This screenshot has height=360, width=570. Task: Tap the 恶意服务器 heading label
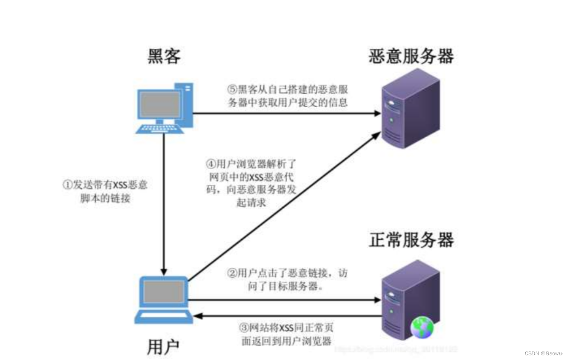pos(411,56)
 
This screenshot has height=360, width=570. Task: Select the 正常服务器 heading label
pos(411,240)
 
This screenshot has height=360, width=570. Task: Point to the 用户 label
pos(163,347)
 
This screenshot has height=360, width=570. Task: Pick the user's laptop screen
pos(163,292)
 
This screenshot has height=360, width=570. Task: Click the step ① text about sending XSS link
pos(105,191)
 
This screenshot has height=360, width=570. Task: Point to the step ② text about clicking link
pos(287,279)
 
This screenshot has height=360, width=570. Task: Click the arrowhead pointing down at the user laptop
pos(164,272)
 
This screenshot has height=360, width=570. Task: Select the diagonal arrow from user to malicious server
pos(282,207)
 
